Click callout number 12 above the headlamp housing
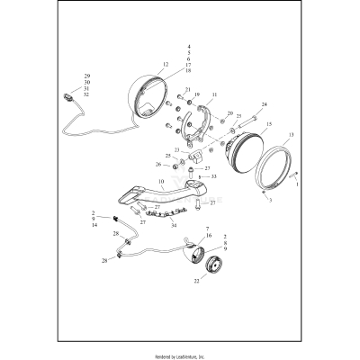click(x=165, y=66)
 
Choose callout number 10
click(x=161, y=182)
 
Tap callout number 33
click(x=213, y=177)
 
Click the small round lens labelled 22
click(x=212, y=268)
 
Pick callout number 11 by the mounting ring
click(x=213, y=94)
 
